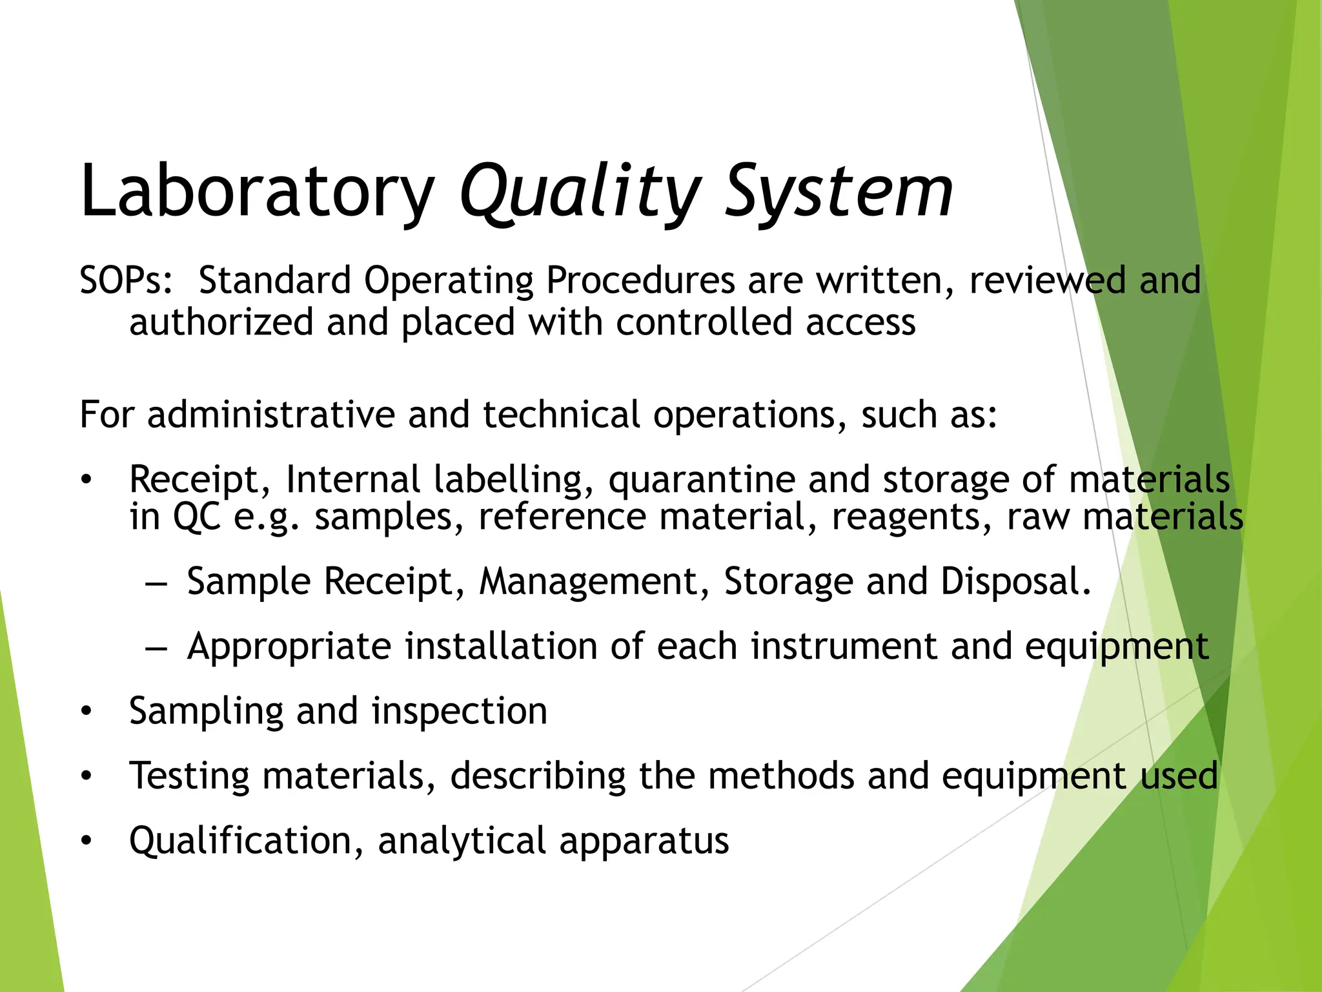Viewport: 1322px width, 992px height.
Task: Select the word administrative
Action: click(270, 415)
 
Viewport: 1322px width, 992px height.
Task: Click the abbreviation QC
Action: click(197, 517)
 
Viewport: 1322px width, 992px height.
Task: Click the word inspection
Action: click(460, 712)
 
